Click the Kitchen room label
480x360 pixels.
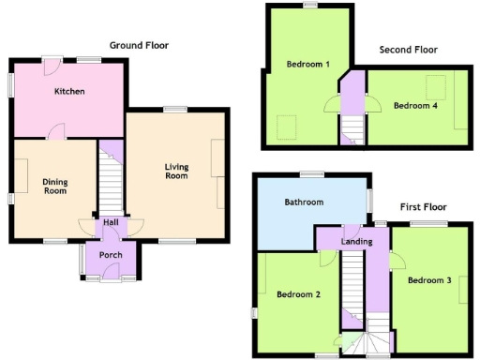[x=69, y=92]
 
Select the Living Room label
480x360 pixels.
[x=176, y=171]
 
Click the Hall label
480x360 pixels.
[x=111, y=222]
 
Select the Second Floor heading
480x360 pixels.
[x=410, y=50]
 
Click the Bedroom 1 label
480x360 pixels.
[x=307, y=64]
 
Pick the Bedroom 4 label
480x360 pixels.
[x=415, y=106]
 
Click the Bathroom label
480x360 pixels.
[x=304, y=202]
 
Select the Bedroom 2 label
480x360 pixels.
[x=299, y=294]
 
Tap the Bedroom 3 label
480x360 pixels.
[x=429, y=280]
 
